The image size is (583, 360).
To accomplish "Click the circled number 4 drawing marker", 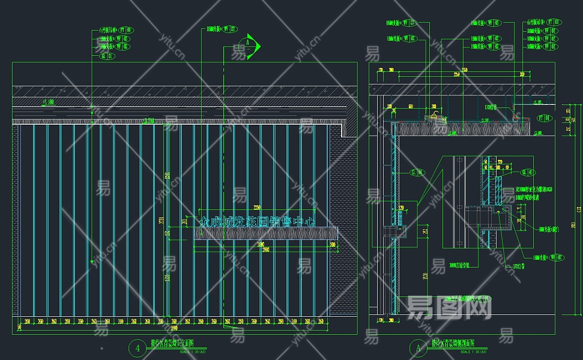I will [139, 347].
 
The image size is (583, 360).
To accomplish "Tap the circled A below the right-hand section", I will [416, 347].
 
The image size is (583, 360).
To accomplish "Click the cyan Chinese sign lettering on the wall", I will [258, 221].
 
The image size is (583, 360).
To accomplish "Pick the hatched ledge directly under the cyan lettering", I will [265, 233].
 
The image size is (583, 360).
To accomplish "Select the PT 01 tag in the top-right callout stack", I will [552, 23].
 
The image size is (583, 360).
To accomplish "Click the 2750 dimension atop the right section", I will [456, 74].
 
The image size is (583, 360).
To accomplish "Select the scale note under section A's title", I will [461, 352].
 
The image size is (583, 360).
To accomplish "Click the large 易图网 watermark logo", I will [449, 308].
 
